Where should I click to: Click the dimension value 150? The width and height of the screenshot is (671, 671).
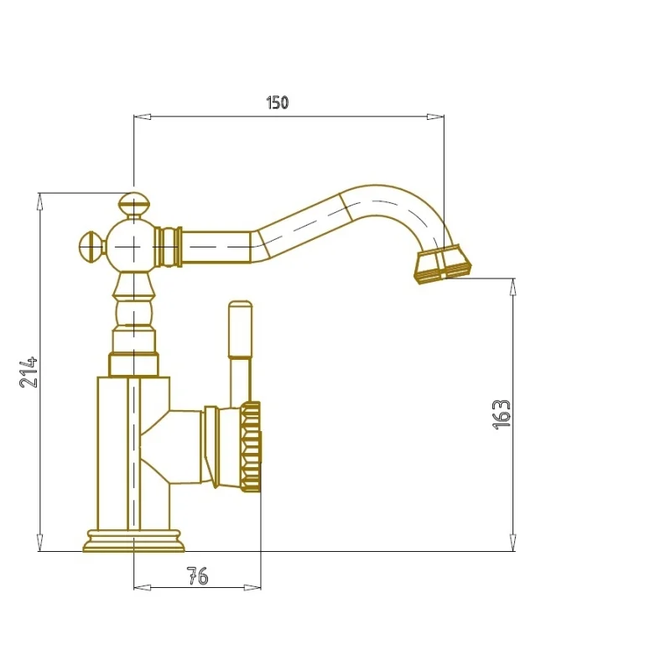[278, 102]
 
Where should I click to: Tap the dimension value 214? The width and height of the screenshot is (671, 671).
[29, 372]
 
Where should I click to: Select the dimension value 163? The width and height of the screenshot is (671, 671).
[502, 414]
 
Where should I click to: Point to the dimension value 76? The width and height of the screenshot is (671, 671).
[198, 576]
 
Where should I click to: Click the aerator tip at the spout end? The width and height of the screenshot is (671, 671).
[442, 264]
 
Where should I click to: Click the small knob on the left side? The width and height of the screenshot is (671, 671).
[92, 247]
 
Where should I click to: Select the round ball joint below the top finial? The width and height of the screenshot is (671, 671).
[133, 247]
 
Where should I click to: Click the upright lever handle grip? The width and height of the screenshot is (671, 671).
[240, 329]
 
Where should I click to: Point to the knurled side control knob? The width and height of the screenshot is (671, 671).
[251, 446]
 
